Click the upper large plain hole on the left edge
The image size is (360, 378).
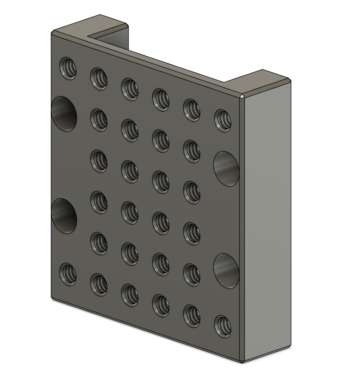64,114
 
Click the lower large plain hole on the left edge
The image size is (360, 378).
64,216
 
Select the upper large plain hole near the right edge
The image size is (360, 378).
226,169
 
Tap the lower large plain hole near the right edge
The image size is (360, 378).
226,271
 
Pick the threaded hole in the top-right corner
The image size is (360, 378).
223,120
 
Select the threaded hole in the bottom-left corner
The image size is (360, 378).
68,274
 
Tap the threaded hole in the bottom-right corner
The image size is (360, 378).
223,326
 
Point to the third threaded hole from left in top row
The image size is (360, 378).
130,89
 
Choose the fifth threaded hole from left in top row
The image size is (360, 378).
192,110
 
